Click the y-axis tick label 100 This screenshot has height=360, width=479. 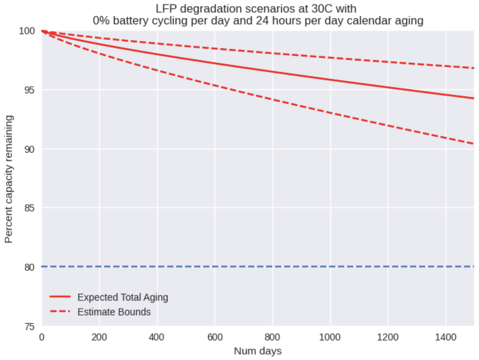(27, 31)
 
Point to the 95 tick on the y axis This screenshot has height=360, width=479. (29, 90)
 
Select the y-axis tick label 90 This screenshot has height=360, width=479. (29, 149)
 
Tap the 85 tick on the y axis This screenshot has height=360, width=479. (29, 208)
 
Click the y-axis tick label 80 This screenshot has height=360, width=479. (29, 267)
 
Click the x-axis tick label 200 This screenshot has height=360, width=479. (99, 337)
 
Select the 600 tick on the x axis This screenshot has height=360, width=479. (215, 337)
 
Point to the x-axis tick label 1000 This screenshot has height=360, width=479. (330, 337)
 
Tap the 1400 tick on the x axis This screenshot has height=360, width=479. (445, 337)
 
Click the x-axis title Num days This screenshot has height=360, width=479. (258, 351)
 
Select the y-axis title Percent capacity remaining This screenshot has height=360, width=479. (9, 179)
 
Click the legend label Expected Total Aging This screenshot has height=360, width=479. (123, 297)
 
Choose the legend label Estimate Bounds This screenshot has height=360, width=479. (114, 312)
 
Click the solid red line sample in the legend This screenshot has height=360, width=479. (60, 297)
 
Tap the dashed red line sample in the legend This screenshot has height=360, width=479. (60, 311)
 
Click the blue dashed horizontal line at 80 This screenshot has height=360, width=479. (244, 267)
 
